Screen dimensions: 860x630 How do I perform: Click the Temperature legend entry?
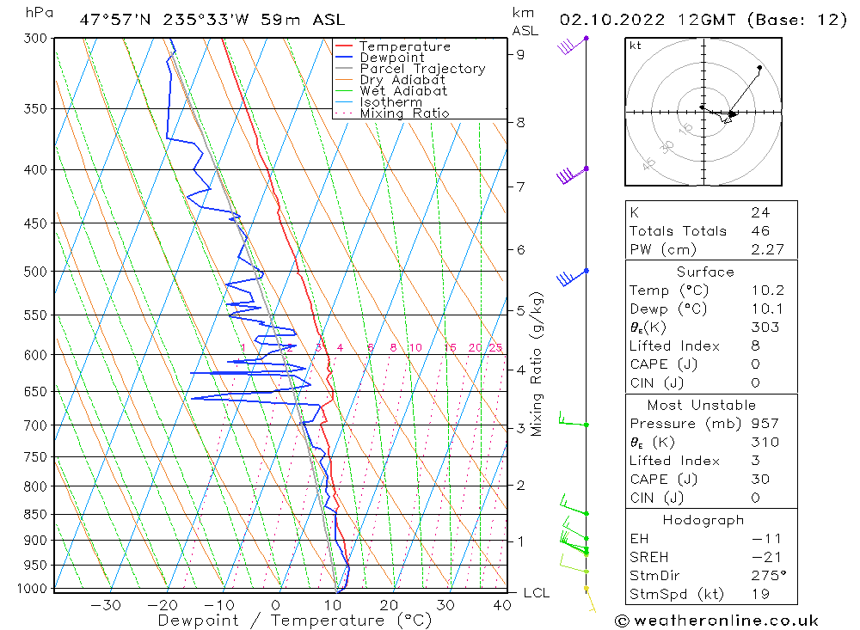pyautogui.click(x=405, y=46)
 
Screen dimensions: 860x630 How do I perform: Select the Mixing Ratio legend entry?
pyautogui.click(x=404, y=113)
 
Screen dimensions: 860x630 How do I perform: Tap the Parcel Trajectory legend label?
pyautogui.click(x=422, y=69)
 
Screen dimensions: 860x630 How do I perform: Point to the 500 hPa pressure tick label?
pyautogui.click(x=35, y=272)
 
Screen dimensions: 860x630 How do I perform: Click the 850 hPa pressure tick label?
pyautogui.click(x=35, y=515)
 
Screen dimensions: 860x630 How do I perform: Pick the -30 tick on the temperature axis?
pyautogui.click(x=105, y=605)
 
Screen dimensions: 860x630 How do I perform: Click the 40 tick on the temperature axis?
pyautogui.click(x=502, y=605)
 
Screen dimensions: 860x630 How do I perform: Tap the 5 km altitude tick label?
pyautogui.click(x=520, y=311)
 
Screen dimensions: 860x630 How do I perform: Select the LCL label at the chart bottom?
pyautogui.click(x=537, y=593)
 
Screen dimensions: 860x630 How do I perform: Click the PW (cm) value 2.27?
pyautogui.click(x=768, y=249)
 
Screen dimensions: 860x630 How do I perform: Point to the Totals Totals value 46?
pyautogui.click(x=761, y=231)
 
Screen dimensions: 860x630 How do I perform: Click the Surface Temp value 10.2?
pyautogui.click(x=768, y=290)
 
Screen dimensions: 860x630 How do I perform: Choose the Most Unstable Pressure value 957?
pyautogui.click(x=765, y=423)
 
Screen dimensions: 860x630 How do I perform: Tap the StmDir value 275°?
pyautogui.click(x=769, y=576)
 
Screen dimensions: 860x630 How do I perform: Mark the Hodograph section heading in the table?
pyautogui.click(x=703, y=520)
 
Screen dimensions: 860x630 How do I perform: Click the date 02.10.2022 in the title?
pyautogui.click(x=612, y=21)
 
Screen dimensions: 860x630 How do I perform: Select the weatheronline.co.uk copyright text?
pyautogui.click(x=716, y=621)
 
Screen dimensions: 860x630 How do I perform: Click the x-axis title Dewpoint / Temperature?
pyautogui.click(x=294, y=621)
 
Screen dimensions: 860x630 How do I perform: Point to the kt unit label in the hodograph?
pyautogui.click(x=636, y=46)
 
